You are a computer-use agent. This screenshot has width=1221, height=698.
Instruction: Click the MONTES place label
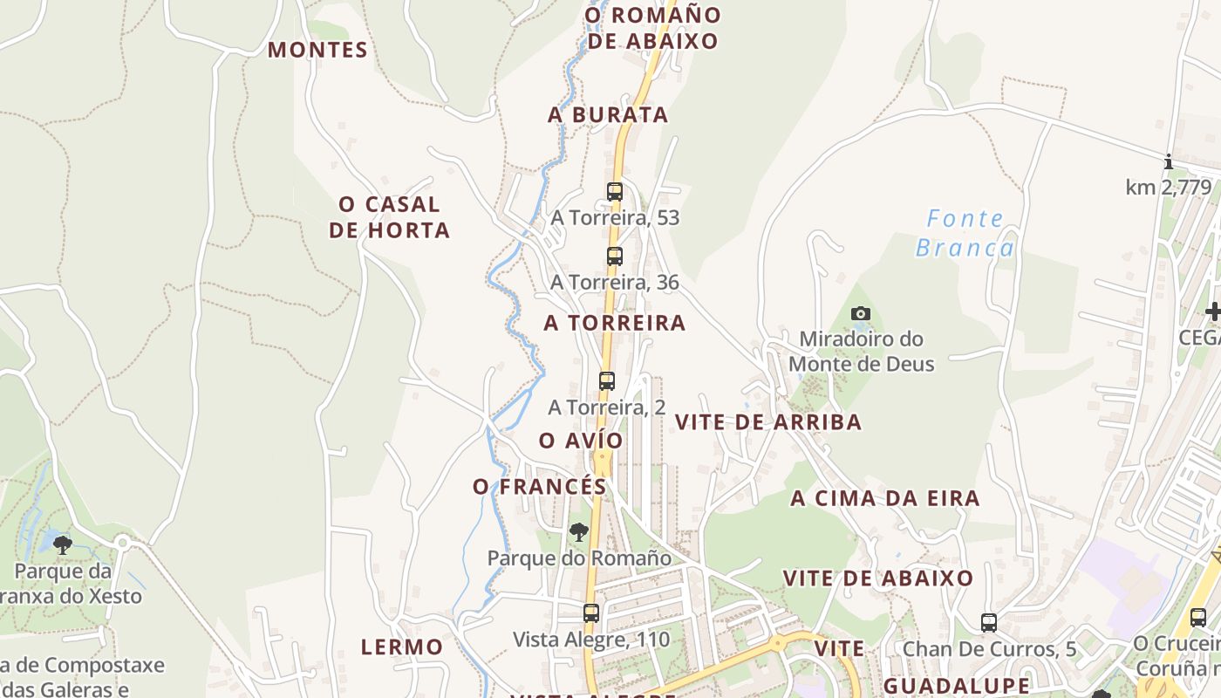point(317,50)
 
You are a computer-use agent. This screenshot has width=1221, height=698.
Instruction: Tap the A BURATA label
point(608,114)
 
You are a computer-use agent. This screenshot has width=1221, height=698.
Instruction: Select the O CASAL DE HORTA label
point(394,217)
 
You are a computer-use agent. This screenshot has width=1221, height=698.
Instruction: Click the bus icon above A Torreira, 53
point(615,191)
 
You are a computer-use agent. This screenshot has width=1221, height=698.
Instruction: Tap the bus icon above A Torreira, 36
point(615,256)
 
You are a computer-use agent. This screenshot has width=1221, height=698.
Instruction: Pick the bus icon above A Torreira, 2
point(607,380)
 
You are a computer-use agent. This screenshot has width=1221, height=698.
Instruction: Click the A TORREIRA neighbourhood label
point(615,323)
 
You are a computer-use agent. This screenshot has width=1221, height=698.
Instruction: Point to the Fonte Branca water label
point(965,233)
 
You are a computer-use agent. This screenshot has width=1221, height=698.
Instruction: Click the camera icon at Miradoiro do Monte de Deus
point(861,313)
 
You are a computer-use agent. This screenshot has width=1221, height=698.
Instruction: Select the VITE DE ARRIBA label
point(768,422)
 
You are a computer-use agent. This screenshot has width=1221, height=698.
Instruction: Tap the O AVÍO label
point(581,441)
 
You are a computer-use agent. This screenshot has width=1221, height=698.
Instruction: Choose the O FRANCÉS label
point(540,487)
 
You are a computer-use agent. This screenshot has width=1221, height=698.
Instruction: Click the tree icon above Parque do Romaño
point(578,531)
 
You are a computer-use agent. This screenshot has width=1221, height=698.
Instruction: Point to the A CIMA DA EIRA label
point(885,499)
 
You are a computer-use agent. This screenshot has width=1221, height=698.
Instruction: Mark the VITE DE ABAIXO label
point(878,578)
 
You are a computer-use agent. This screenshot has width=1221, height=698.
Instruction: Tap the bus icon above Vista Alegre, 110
point(591,612)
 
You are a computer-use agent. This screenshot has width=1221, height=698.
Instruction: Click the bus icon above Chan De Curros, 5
point(989,622)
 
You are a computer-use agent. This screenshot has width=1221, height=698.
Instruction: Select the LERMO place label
point(402,647)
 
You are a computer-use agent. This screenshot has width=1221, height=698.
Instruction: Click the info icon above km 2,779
point(1169,161)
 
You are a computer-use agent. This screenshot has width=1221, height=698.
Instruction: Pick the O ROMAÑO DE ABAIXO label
point(653,28)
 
